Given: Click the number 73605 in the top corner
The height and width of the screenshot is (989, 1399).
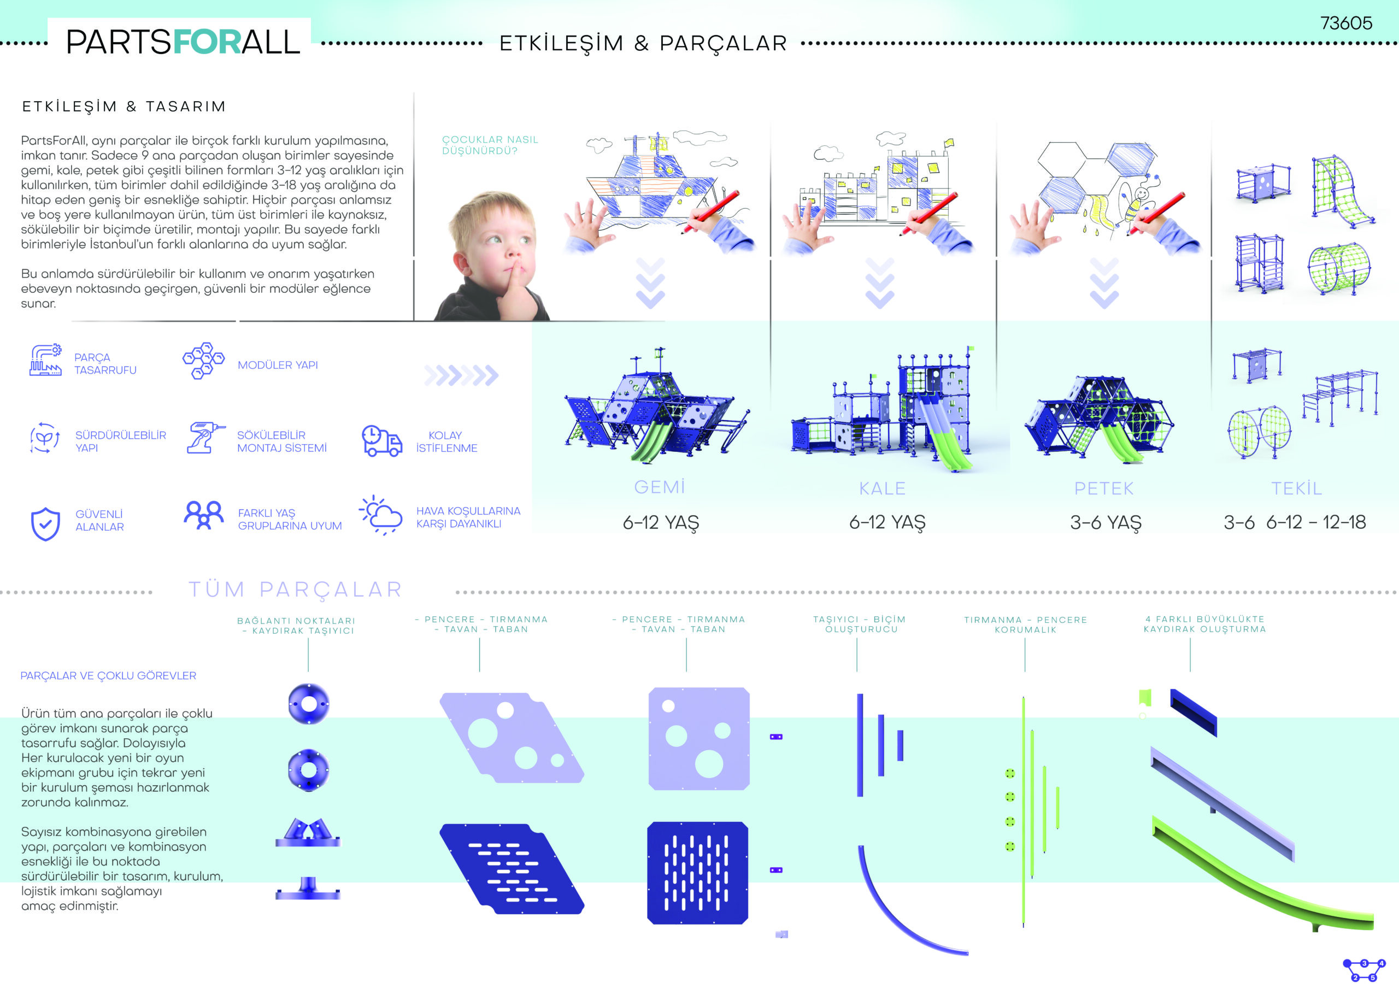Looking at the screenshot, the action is click(x=1346, y=23).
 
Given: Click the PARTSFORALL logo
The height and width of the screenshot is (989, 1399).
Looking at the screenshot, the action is click(x=183, y=42).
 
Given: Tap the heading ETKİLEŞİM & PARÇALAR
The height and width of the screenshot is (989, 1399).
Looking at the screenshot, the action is click(x=643, y=43).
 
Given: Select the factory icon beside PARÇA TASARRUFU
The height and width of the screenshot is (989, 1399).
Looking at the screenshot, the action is click(x=46, y=360).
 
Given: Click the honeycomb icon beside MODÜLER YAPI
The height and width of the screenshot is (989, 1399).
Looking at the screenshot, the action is click(x=203, y=361).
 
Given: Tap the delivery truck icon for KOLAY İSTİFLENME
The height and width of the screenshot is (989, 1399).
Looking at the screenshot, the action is click(x=382, y=440).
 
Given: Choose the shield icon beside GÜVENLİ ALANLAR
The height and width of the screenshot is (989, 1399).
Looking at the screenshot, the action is click(x=46, y=524).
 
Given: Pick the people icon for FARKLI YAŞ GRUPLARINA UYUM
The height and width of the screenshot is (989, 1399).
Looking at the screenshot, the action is click(x=203, y=515).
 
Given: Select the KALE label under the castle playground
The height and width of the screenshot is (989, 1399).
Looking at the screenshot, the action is click(x=882, y=488).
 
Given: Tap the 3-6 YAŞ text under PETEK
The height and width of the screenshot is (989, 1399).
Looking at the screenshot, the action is click(x=1106, y=523).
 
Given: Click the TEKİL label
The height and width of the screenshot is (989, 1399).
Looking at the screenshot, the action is click(x=1297, y=488).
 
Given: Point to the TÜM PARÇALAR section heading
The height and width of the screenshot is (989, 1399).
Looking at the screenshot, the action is click(x=296, y=589).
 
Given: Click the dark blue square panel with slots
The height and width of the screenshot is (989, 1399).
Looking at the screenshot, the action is click(x=698, y=873).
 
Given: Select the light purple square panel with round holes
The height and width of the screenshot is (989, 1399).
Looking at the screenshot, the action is click(x=699, y=739).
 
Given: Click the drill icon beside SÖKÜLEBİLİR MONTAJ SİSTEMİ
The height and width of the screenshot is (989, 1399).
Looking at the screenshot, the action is click(x=204, y=438).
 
